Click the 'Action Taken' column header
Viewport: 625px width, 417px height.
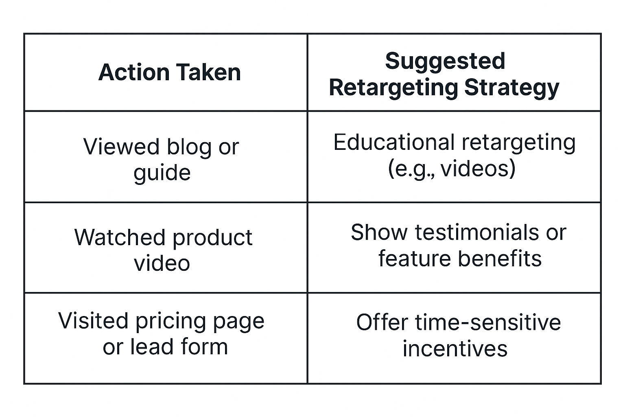pos(169,72)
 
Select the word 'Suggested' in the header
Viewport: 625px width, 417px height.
pos(445,61)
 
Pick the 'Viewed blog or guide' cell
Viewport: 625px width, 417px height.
pos(162,159)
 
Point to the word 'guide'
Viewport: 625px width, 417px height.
pos(162,173)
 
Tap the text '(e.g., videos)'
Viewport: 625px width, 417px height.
pos(452,169)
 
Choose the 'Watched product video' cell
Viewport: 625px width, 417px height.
pos(163,250)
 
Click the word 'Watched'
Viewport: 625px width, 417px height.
pos(120,237)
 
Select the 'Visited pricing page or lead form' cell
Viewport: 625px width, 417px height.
pos(162,334)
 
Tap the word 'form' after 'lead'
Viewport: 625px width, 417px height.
pos(204,347)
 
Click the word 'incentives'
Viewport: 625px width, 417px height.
pos(455,349)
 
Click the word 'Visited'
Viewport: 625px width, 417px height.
pos(94,321)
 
